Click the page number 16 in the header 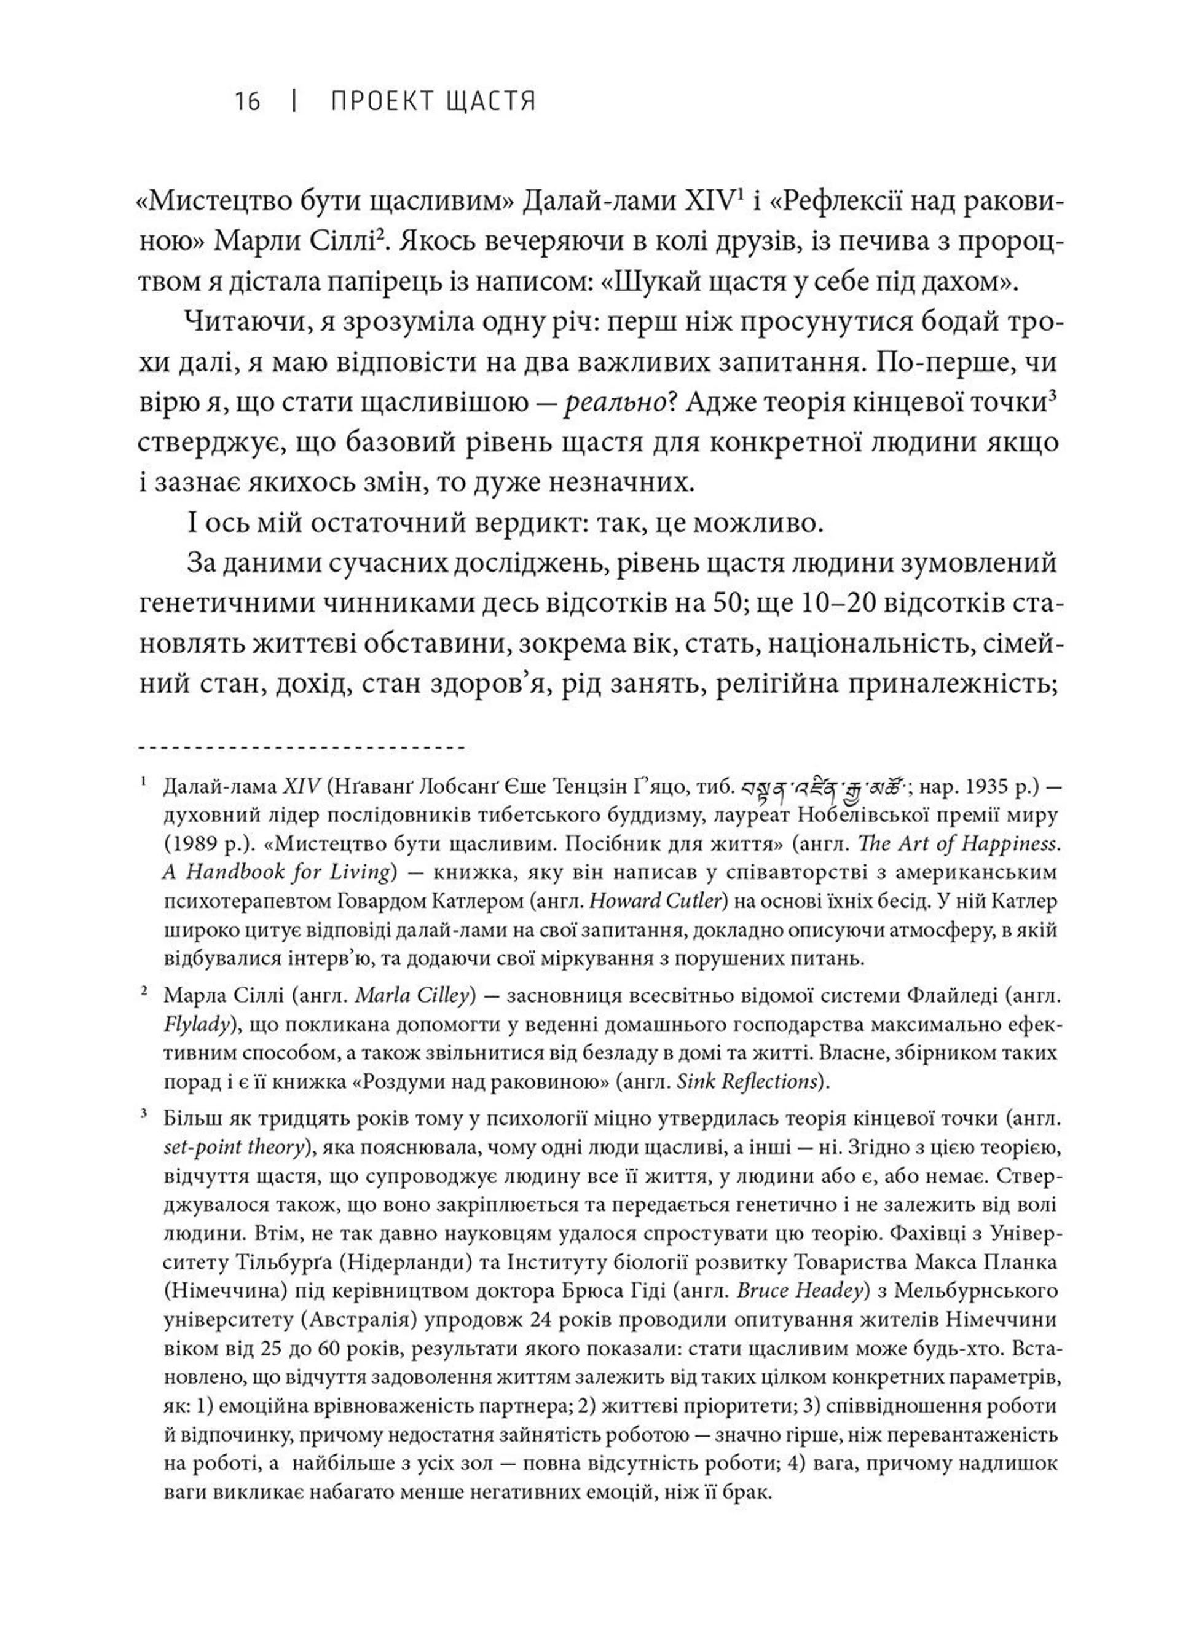[247, 101]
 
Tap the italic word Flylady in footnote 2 [195, 1024]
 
